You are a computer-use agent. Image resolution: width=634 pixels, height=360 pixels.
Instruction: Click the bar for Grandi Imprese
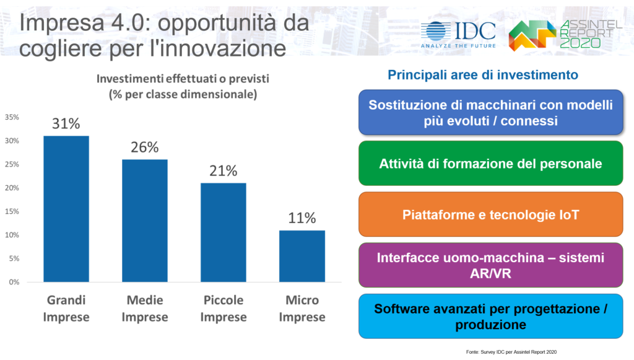[66, 209]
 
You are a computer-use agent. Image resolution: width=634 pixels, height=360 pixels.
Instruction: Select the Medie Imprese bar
[145, 221]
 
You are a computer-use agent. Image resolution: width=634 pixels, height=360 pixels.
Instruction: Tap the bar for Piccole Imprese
[223, 232]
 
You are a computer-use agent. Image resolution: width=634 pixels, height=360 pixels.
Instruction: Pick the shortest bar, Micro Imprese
[302, 256]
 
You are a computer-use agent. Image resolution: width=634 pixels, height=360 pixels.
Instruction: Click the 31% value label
[66, 123]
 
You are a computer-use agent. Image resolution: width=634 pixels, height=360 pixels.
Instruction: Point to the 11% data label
[302, 218]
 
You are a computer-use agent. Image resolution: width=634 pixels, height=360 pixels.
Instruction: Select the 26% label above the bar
[145, 147]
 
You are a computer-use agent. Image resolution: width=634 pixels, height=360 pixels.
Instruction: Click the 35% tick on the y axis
[12, 117]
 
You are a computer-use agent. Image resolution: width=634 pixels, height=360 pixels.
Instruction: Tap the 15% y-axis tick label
[12, 211]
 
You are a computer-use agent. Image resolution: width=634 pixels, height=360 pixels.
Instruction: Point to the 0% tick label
[14, 283]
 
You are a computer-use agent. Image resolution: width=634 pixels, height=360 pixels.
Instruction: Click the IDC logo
[458, 35]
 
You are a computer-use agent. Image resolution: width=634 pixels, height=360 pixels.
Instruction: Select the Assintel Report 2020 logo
[565, 35]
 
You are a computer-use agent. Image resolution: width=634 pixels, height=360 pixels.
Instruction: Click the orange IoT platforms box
[491, 214]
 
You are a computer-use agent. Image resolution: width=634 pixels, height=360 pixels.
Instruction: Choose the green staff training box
[491, 164]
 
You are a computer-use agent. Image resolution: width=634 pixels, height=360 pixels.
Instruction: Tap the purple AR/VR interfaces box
[491, 265]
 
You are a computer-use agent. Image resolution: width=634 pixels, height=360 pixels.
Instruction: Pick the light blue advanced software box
[491, 316]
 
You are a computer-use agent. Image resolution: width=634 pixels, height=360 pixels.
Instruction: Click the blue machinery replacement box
[491, 112]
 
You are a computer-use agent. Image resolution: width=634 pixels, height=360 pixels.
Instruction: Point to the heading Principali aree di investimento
[483, 75]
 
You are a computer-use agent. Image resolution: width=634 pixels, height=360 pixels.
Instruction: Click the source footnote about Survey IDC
[511, 352]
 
